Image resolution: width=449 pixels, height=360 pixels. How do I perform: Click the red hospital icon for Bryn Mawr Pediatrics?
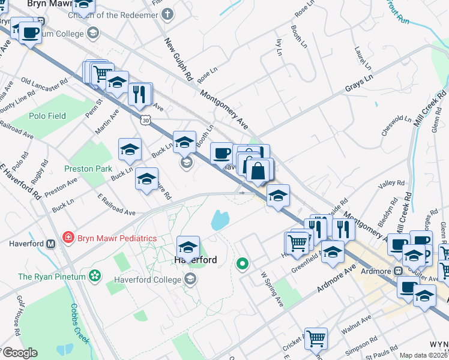[x=68, y=238]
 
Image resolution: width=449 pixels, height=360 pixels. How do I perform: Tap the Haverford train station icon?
[x=51, y=244]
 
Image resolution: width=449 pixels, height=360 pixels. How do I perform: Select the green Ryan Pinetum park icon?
[x=94, y=276]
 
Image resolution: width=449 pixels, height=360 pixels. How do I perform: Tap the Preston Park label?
[x=88, y=169]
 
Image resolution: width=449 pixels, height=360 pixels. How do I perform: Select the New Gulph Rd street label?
[x=178, y=60]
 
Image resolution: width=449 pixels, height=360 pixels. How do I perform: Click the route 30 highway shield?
[x=146, y=121]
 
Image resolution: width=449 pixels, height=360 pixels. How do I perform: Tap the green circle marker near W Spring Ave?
[x=243, y=263]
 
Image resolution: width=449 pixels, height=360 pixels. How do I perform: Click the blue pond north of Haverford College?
[x=219, y=221]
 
